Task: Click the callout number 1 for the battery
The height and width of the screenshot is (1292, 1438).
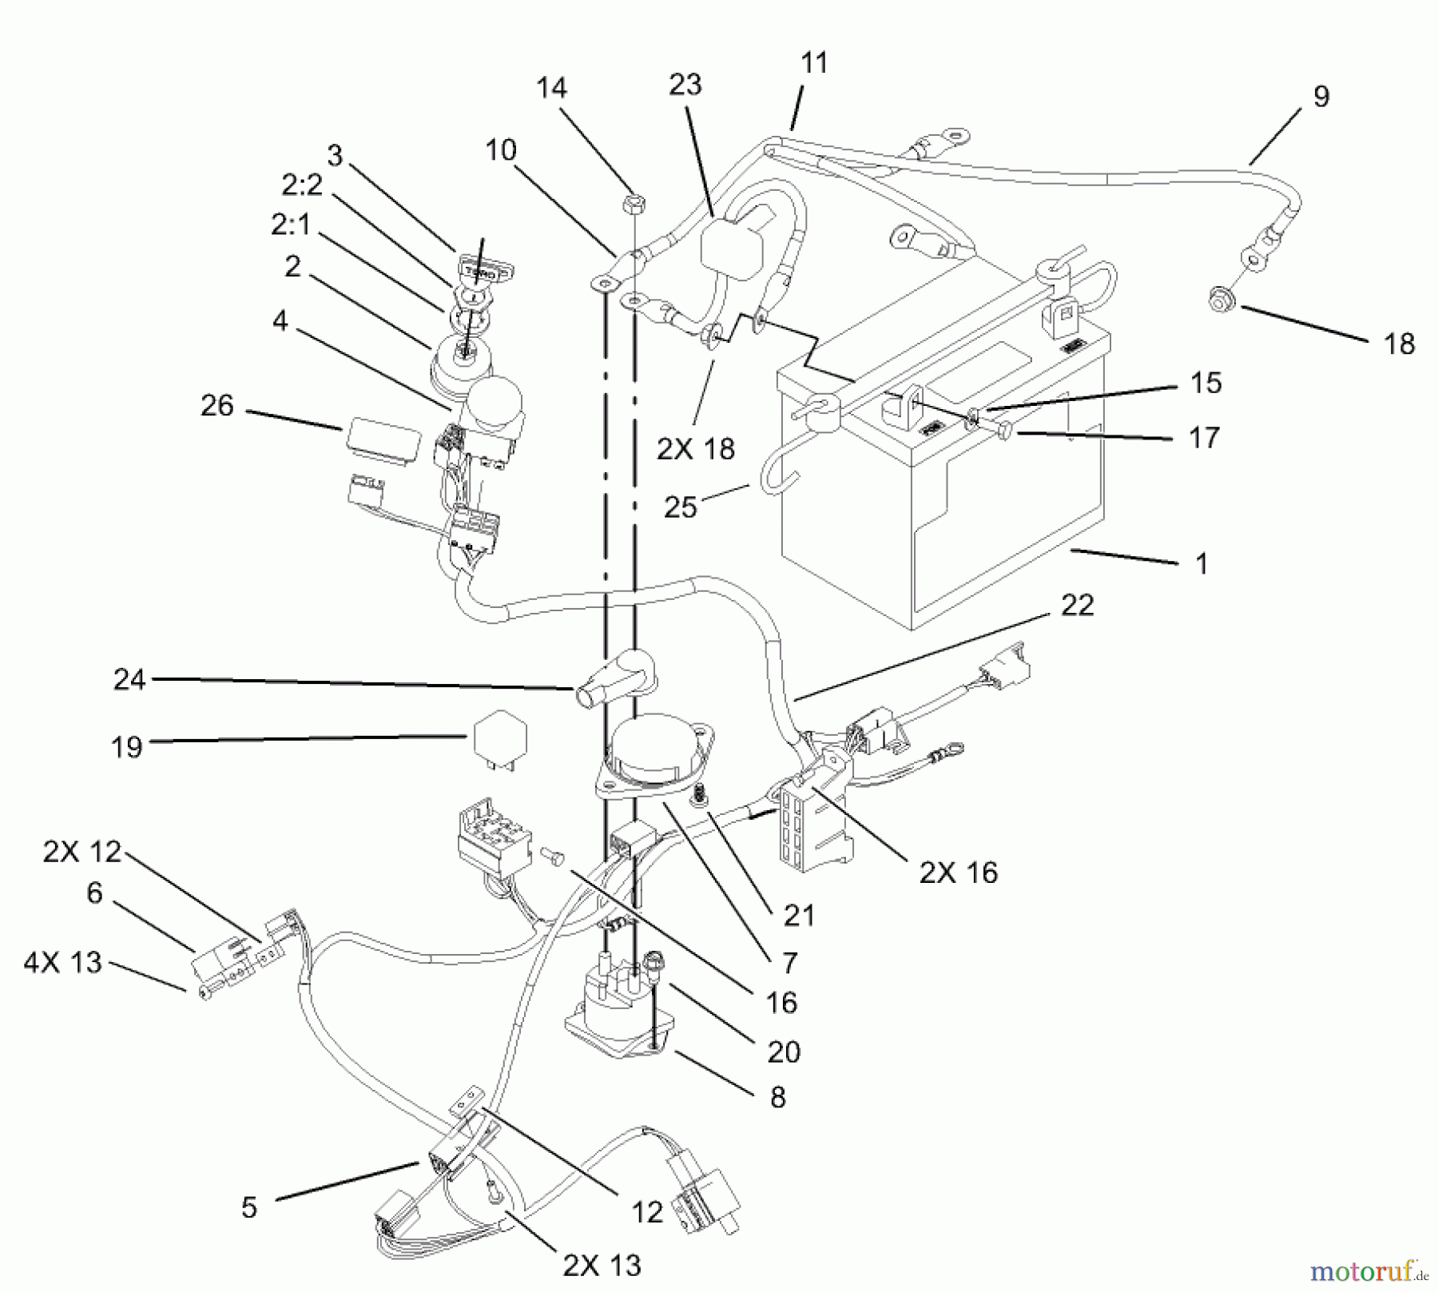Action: pos(1201,564)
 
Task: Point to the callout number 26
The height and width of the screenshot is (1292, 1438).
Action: pos(216,406)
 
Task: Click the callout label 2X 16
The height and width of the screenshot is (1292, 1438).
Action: pos(958,873)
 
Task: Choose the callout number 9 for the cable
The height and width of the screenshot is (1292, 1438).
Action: pos(1321,97)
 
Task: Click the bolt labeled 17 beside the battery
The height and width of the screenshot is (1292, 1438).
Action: pos(1004,431)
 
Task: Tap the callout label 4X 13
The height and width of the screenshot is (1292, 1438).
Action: pos(63,962)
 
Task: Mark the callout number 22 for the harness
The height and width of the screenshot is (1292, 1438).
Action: pos(1076,605)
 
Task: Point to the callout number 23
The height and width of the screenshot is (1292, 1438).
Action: pos(685,85)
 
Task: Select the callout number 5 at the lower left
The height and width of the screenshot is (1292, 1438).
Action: pos(249,1207)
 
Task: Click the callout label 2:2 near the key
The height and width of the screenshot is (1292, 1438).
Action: pos(301,185)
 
